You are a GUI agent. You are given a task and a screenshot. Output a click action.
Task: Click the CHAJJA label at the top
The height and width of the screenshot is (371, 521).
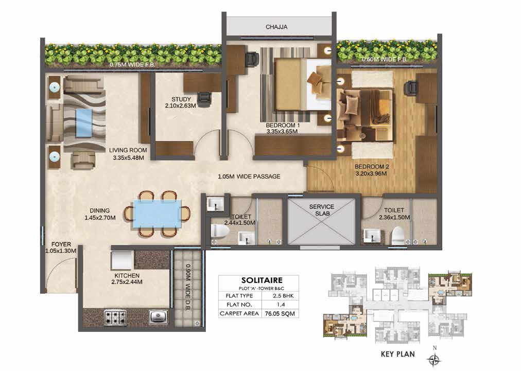tap(276, 27)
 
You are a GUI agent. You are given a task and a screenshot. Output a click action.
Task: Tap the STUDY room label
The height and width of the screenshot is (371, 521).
tap(181, 99)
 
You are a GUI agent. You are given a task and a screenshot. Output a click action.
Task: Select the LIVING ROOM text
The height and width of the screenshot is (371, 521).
tap(128, 150)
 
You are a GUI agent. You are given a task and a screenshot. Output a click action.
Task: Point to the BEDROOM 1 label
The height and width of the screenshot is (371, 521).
tap(283, 126)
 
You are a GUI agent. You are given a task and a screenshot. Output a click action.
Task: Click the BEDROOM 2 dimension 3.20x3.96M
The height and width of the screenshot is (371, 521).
tap(371, 173)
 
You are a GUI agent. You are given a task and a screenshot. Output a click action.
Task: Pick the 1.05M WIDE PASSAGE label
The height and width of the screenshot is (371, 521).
tap(249, 176)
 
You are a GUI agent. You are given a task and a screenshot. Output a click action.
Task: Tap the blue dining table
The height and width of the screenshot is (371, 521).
tap(158, 214)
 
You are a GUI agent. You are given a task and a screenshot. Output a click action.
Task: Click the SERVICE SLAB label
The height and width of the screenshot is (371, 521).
tap(322, 210)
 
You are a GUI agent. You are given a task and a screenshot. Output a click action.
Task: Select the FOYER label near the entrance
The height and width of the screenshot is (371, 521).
tap(61, 244)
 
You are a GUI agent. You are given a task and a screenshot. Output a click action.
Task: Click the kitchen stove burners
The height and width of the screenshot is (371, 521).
tap(115, 317)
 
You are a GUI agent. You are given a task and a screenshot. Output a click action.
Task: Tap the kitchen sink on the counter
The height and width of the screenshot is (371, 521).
tap(158, 317)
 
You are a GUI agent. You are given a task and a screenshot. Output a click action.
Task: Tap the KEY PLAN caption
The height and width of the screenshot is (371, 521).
tap(398, 354)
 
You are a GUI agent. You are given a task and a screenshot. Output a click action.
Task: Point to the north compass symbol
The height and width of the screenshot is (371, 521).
tap(435, 359)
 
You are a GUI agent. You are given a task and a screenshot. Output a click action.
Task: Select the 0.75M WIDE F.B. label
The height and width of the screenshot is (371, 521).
tap(132, 64)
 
